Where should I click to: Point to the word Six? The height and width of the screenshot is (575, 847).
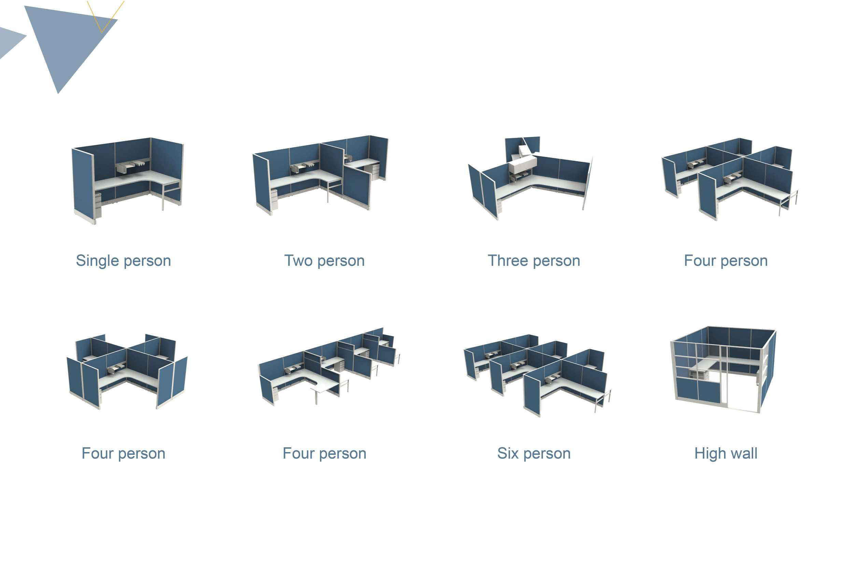(508, 453)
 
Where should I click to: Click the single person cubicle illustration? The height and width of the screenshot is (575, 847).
(128, 181)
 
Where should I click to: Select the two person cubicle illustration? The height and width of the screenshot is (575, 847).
(320, 176)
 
